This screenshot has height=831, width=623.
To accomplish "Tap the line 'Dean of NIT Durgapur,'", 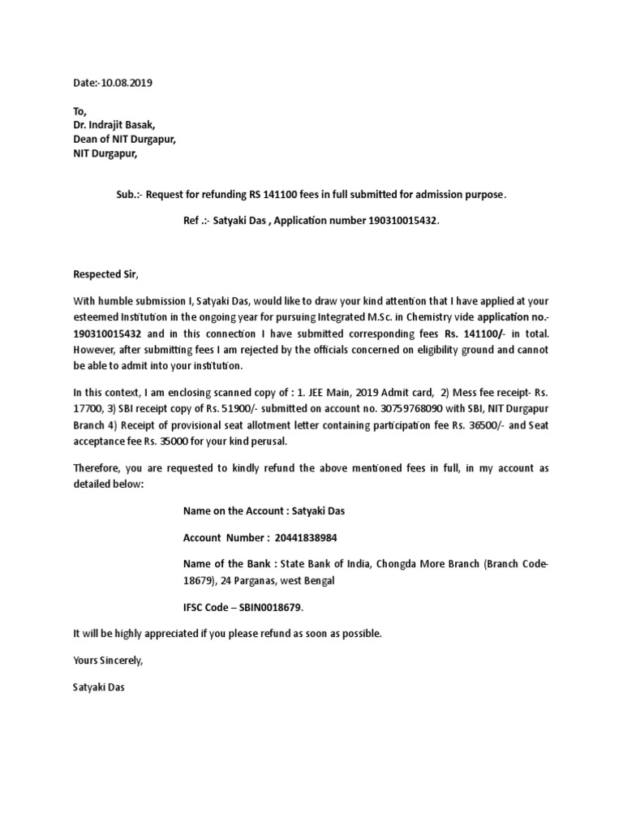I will point(123,139).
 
